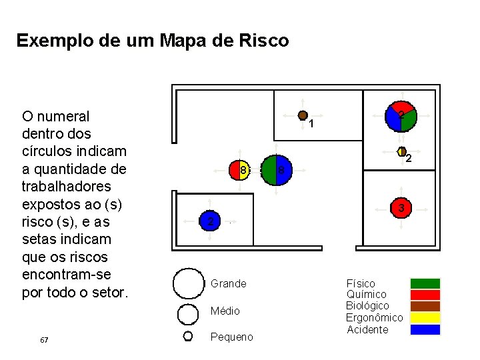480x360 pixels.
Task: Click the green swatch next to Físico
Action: [425, 283]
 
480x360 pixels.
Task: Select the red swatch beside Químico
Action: [425, 295]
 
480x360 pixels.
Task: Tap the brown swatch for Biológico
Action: [425, 306]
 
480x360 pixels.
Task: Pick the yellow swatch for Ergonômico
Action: [425, 317]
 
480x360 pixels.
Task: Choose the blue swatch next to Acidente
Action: [425, 329]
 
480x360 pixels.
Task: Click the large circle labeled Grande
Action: [188, 284]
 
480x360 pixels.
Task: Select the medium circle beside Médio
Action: [188, 312]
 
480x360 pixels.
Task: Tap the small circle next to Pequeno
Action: [188, 336]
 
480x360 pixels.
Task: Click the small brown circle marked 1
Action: [303, 115]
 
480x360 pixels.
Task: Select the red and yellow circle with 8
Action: [240, 171]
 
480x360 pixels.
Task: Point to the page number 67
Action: [44, 340]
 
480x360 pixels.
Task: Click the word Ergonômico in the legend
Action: [375, 318]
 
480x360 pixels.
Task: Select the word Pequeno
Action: [231, 337]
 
